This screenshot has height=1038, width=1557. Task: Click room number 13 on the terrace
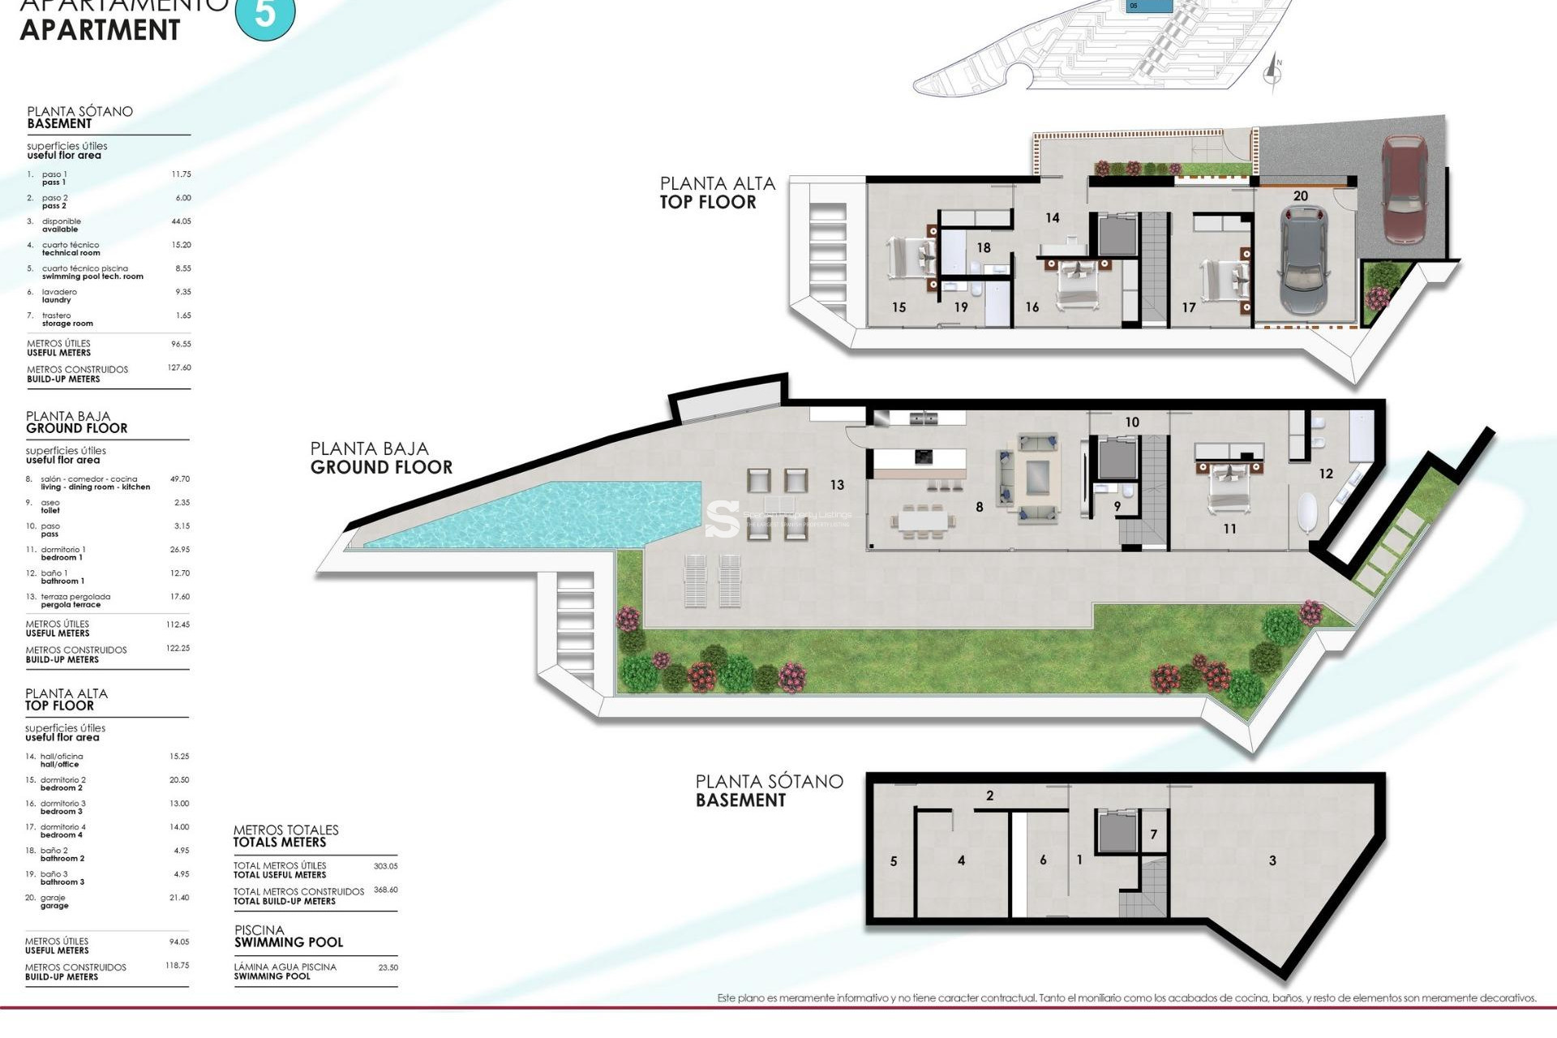point(837,485)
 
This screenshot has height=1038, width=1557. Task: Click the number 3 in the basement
point(1272,860)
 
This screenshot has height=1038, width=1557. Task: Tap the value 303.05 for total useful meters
point(385,866)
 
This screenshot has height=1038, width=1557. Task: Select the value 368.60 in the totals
point(385,890)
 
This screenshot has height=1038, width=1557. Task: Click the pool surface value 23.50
point(388,967)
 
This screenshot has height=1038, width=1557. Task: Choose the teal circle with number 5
point(265,14)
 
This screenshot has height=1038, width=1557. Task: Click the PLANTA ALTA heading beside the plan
point(717,184)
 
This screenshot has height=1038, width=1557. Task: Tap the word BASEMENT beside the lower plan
point(740,800)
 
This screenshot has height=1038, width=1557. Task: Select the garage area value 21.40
point(178,898)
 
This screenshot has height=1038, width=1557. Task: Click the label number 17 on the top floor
point(1189,307)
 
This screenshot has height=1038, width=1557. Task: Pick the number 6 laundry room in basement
point(1043,860)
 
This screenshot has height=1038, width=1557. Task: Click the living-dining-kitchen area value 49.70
point(179,479)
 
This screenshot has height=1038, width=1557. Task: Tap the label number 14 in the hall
point(1053,217)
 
